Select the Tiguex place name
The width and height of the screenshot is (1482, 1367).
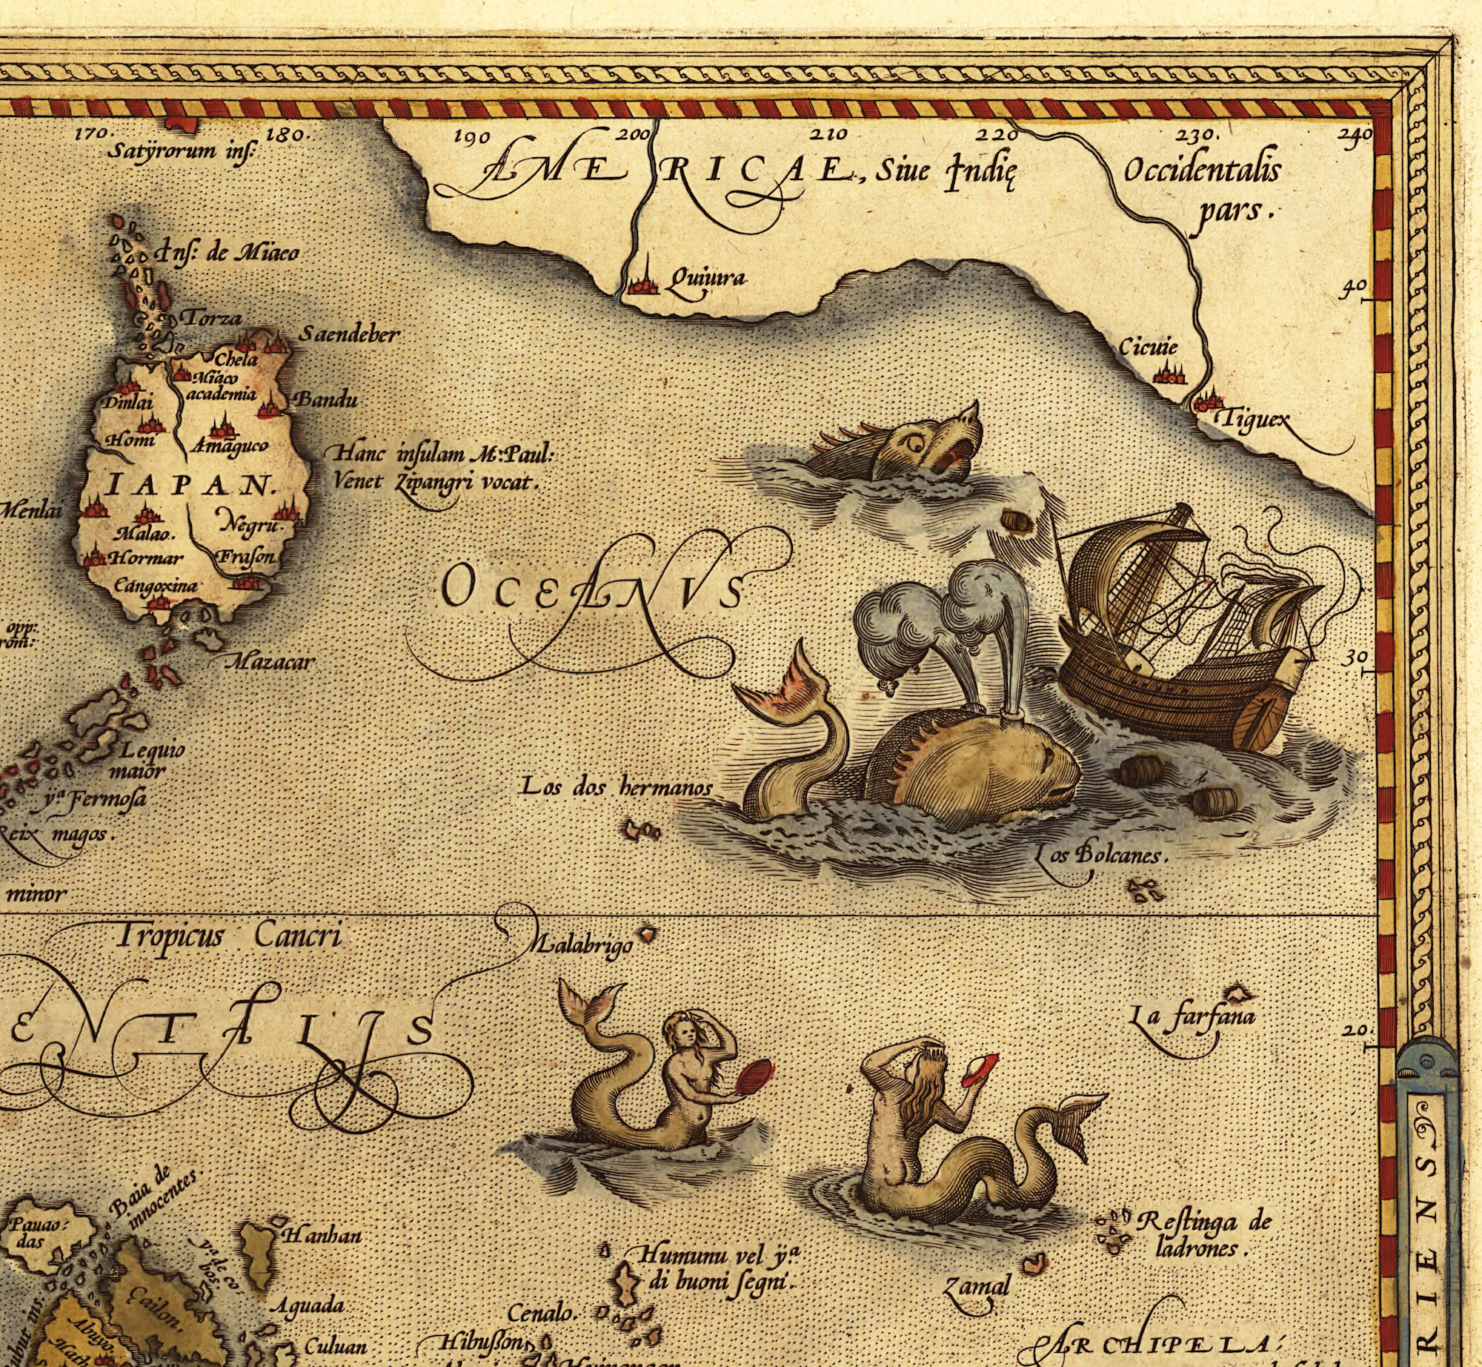tap(1252, 420)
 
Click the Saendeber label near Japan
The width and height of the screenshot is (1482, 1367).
tap(349, 334)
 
